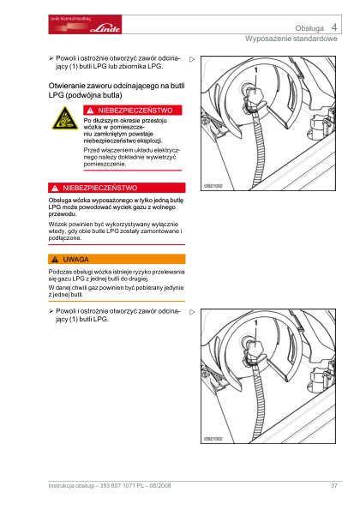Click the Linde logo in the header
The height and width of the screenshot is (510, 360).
tap(85, 24)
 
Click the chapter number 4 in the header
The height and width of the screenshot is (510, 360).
tap(334, 27)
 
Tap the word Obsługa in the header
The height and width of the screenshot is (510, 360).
tap(309, 28)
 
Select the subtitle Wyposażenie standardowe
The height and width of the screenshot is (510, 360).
tap(291, 39)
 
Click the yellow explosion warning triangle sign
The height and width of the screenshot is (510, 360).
tap(65, 118)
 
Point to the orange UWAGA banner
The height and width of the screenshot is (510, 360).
tap(117, 259)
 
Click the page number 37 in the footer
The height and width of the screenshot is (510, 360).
tap(334, 485)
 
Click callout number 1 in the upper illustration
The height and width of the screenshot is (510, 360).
tap(255, 70)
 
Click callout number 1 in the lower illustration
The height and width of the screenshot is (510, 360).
tap(255, 322)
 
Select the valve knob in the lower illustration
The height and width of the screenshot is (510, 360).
tap(255, 348)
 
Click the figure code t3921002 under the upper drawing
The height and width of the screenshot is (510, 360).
tap(213, 186)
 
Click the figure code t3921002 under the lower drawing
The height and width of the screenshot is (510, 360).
tap(213, 439)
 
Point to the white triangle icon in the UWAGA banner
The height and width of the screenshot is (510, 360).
tap(55, 260)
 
